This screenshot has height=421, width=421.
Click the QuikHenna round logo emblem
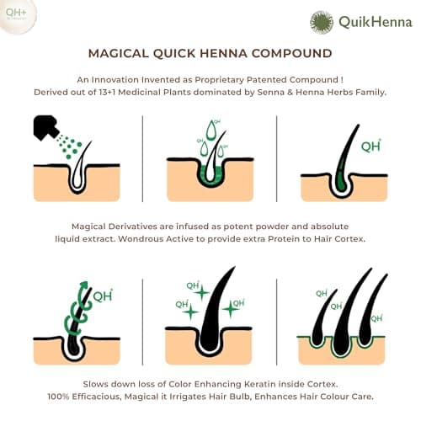[x=322, y=22]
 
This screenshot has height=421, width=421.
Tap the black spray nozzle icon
[x=45, y=127]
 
